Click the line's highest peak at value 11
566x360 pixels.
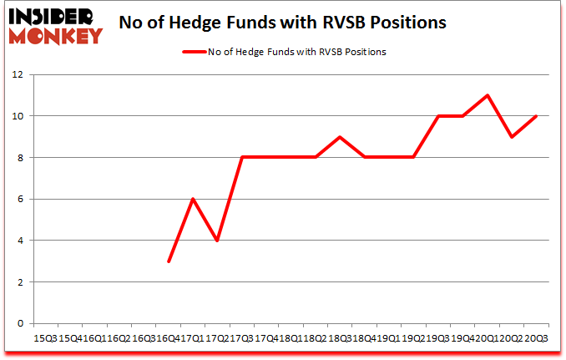point(487,95)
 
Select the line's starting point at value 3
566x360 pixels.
point(169,261)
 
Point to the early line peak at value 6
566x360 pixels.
point(193,199)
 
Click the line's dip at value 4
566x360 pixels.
point(217,241)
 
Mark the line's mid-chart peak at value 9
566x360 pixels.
point(340,137)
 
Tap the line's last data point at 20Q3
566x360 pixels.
point(535,116)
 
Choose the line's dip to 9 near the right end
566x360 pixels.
point(511,137)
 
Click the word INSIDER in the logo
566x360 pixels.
point(53,16)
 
